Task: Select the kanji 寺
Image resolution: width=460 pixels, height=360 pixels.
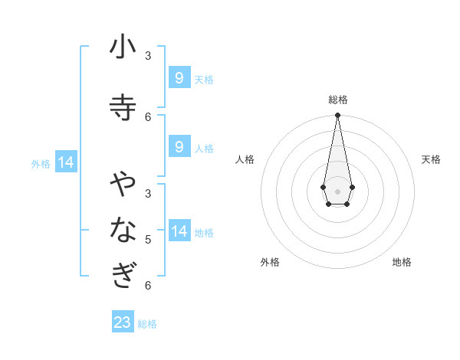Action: (x=123, y=106)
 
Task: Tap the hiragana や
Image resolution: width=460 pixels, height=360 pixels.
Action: (x=123, y=185)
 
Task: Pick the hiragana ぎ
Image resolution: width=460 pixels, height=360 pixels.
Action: (x=123, y=274)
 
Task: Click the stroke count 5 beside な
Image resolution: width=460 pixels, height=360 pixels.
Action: (x=148, y=239)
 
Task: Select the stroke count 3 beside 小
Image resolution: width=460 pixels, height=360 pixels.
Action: (x=148, y=55)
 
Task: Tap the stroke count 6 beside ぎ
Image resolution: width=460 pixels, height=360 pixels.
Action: (x=148, y=285)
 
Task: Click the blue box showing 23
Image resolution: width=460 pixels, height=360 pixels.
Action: (x=123, y=322)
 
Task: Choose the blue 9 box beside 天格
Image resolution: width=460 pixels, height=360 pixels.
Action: (x=179, y=77)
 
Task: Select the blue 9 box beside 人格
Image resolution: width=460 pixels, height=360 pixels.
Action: (x=179, y=146)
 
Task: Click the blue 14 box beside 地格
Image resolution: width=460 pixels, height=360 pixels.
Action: (x=179, y=231)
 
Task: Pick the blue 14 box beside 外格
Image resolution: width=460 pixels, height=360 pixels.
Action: (x=66, y=162)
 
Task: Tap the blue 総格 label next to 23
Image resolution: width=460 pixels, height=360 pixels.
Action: (x=147, y=324)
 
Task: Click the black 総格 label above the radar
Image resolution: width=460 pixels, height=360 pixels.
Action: (x=337, y=100)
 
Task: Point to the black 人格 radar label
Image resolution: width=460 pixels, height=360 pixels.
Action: (x=245, y=159)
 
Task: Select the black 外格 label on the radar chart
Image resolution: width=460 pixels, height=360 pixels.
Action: (x=270, y=262)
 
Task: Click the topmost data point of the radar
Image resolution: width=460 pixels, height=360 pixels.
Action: (x=337, y=116)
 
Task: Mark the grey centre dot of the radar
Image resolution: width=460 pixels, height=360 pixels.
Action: (x=337, y=190)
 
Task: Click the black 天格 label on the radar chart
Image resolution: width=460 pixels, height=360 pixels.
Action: (x=431, y=159)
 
